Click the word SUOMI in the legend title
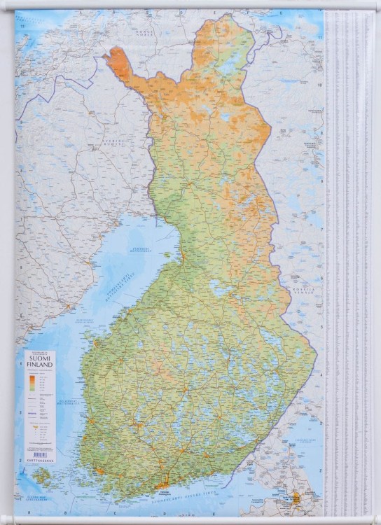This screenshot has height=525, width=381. pos(46,363)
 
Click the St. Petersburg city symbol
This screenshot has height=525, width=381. pos(296,498)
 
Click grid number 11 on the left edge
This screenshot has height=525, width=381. pos(22,27)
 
